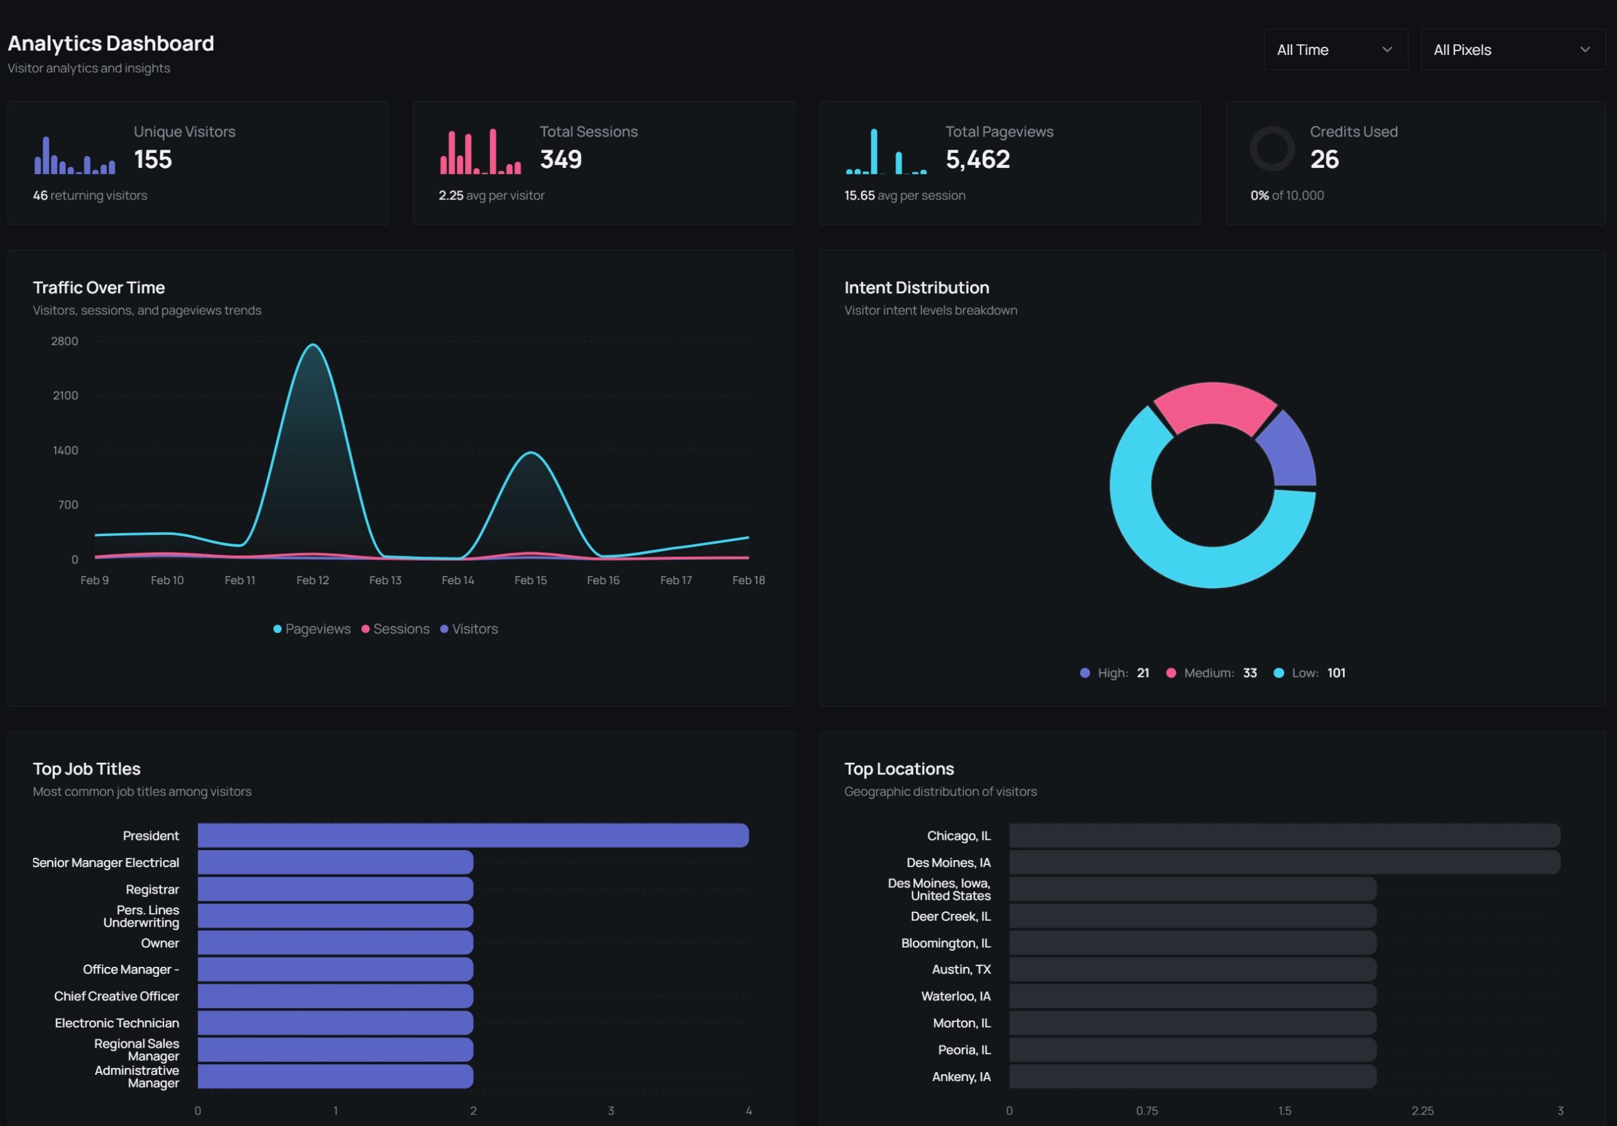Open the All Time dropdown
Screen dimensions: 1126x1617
pos(1335,50)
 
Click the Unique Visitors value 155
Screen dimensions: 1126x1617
pos(153,160)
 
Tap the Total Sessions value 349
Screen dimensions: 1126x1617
pos(561,160)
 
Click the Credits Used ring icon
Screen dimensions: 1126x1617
pos(1271,148)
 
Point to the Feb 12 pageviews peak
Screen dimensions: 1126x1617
pos(313,345)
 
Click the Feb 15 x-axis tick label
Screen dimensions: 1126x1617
pos(531,580)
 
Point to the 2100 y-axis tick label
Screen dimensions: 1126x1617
pos(66,396)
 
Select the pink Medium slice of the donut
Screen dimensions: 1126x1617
pos(1213,404)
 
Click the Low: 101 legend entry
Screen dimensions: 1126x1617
pos(1309,673)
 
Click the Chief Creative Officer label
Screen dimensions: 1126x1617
pos(116,997)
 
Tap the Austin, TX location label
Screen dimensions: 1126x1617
pos(961,969)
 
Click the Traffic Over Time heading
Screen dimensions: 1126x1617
pos(99,287)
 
